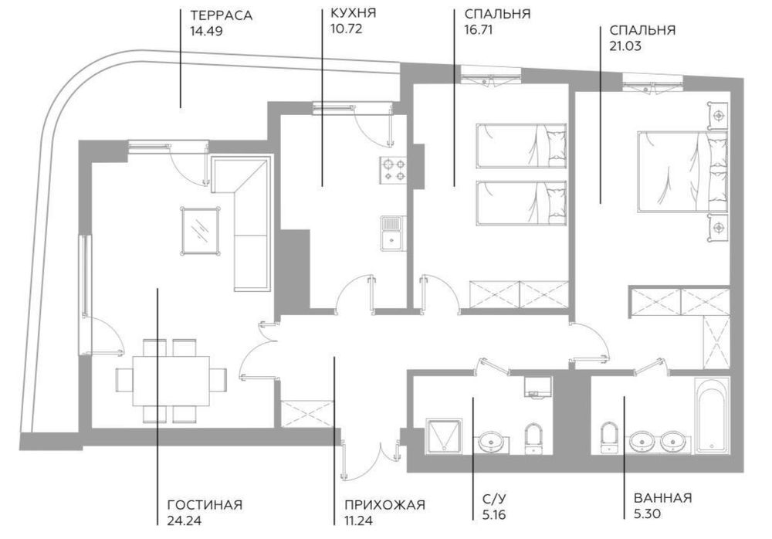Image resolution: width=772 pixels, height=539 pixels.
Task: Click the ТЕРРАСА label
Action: (x=221, y=15)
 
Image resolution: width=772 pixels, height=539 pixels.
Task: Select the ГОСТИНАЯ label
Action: (x=204, y=505)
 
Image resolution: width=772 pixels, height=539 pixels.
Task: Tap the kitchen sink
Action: (x=391, y=232)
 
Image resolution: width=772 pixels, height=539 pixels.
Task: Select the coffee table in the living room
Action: (x=200, y=229)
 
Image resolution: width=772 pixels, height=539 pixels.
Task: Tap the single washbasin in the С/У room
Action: (x=491, y=441)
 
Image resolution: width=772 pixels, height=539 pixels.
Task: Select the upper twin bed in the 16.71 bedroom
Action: (x=522, y=144)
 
